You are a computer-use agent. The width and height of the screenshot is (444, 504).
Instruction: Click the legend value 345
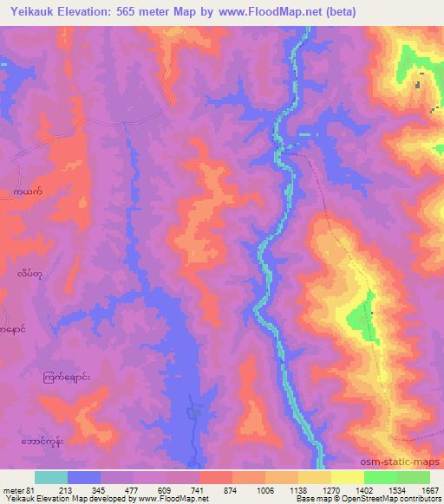click(117, 489)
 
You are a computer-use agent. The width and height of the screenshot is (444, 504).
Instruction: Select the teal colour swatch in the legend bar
click(50, 477)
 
